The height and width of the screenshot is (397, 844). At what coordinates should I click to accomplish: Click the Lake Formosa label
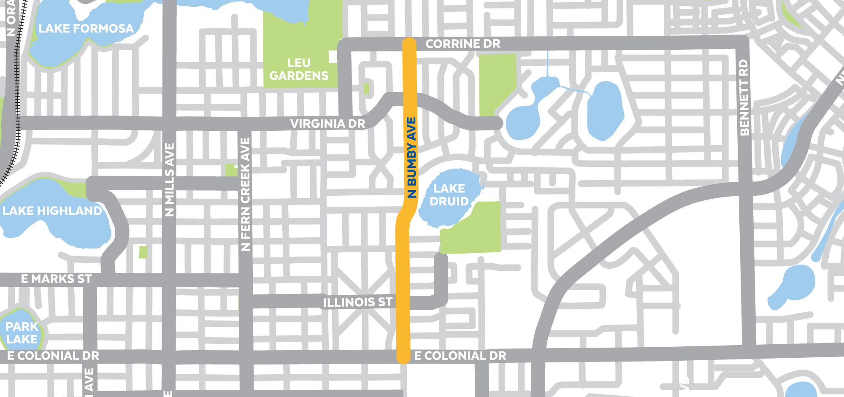(86, 29)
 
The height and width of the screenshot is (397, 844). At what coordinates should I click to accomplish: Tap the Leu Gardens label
(299, 69)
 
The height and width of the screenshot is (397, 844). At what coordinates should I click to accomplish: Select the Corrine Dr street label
(463, 44)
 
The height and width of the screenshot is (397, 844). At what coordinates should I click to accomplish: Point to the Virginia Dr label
(327, 124)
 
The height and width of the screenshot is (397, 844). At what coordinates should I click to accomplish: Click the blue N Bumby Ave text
(412, 157)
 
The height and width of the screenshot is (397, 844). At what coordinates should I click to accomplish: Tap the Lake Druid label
(449, 195)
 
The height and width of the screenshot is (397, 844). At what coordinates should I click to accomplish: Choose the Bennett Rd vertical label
(744, 97)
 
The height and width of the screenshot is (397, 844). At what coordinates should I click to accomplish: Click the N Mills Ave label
(170, 180)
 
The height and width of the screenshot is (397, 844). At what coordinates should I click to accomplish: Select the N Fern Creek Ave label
(245, 194)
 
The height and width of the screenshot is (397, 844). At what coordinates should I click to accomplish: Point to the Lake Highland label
(52, 211)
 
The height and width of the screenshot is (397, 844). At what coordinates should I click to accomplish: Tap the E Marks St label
(56, 279)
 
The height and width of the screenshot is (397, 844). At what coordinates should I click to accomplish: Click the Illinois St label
(357, 302)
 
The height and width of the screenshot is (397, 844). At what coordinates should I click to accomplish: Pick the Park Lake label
(22, 333)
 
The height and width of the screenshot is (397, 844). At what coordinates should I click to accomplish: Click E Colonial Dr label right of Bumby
(460, 356)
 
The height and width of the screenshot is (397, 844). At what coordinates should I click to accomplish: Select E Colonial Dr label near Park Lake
(53, 356)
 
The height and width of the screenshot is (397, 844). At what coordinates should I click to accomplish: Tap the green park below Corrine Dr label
(497, 80)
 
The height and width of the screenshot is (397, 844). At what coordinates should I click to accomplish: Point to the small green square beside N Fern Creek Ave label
(231, 170)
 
